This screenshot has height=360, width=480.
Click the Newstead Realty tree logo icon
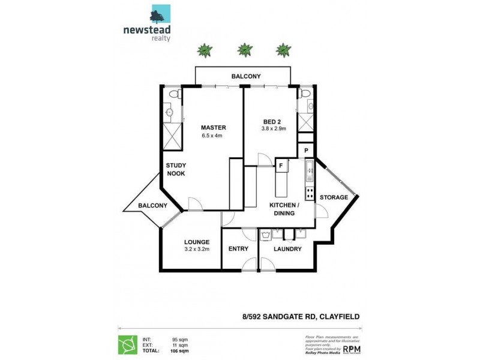(x=161, y=14)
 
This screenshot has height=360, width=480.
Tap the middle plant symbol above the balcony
(x=244, y=49)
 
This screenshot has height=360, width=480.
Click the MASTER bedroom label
(x=213, y=127)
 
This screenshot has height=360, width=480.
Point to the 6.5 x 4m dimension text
(x=212, y=136)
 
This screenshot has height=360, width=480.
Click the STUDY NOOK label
(x=176, y=169)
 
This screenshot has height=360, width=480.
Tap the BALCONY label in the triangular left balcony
(x=152, y=205)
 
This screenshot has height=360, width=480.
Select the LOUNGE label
(x=197, y=242)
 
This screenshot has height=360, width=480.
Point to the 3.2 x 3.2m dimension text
(x=197, y=250)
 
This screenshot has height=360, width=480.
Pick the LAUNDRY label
(x=287, y=249)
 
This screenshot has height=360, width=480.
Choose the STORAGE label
(x=334, y=197)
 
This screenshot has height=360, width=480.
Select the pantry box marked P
(x=306, y=151)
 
